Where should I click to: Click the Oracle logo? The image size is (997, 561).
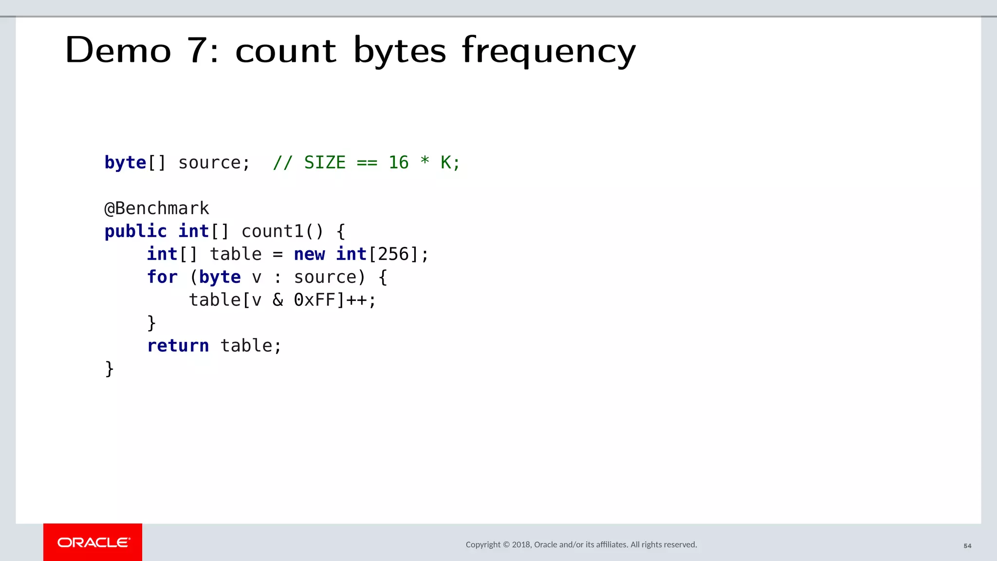click(93, 542)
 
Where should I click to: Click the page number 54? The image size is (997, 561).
click(967, 546)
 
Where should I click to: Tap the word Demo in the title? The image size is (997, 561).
click(118, 50)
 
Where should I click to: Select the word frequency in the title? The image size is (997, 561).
click(549, 51)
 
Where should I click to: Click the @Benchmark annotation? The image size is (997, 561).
click(157, 208)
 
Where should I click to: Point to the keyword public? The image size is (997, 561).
click(135, 231)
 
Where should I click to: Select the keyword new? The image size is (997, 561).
click(309, 254)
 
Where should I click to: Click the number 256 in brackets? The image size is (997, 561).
click(393, 254)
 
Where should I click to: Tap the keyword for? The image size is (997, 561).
click(162, 277)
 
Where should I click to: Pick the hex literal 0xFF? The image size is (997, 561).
click(314, 300)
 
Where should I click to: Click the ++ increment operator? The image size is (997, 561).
click(356, 300)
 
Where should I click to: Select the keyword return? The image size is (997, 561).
click(178, 346)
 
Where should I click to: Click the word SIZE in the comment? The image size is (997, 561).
click(325, 163)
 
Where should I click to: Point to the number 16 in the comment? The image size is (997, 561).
click(398, 163)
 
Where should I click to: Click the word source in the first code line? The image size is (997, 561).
click(209, 163)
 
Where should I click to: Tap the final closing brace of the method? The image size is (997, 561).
click(110, 369)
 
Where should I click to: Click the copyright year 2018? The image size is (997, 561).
click(521, 544)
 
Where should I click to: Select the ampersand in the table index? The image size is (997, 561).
click(277, 300)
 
